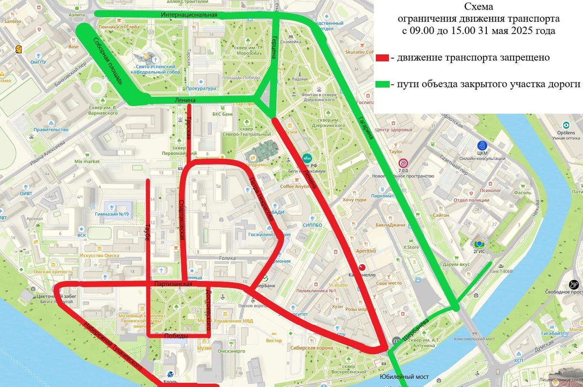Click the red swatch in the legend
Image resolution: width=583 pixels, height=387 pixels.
pos(382,58)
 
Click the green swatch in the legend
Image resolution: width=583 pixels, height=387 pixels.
pos(382,84)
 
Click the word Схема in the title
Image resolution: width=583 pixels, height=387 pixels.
pos(478,7)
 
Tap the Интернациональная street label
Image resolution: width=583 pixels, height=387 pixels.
pos(189,15)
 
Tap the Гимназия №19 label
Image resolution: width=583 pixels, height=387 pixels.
pos(112,214)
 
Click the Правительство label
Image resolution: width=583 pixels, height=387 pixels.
pos(51,129)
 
